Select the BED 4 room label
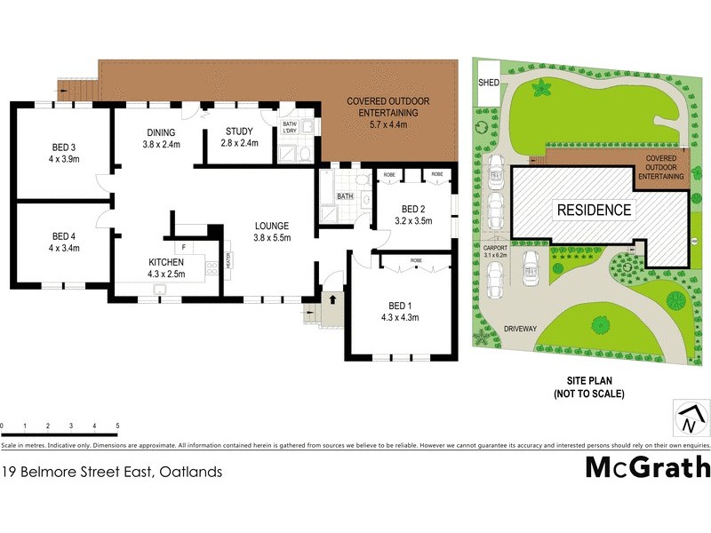(x=60, y=235)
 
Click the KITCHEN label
(x=166, y=262)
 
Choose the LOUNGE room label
(x=272, y=226)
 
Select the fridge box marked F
(x=183, y=246)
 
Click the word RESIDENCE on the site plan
(x=594, y=211)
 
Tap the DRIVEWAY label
(x=520, y=329)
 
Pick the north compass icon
(x=691, y=416)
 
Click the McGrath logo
(x=647, y=466)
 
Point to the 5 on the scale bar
(x=117, y=427)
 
